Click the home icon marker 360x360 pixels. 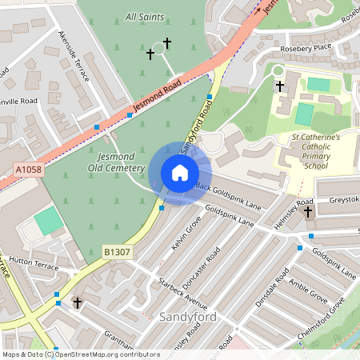pyautogui.click(x=180, y=173)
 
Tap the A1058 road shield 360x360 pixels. pyautogui.click(x=26, y=169)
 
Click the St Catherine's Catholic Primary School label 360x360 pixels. pyautogui.click(x=316, y=151)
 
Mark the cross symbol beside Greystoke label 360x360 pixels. pyautogui.click(x=308, y=212)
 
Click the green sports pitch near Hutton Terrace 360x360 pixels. pyautogui.click(x=49, y=221)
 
